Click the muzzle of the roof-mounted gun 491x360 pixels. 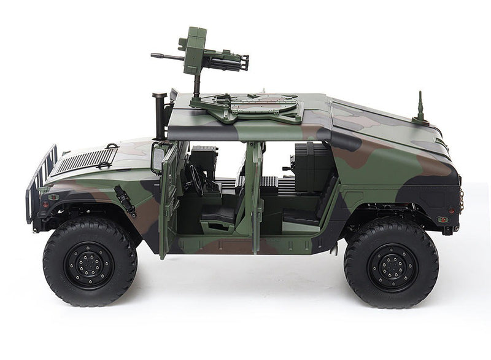[x=153, y=55]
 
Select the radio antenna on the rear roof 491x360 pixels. [x=420, y=108]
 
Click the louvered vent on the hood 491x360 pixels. [x=83, y=160]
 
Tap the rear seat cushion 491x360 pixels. [x=301, y=214]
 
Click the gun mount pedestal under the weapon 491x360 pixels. [x=197, y=86]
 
